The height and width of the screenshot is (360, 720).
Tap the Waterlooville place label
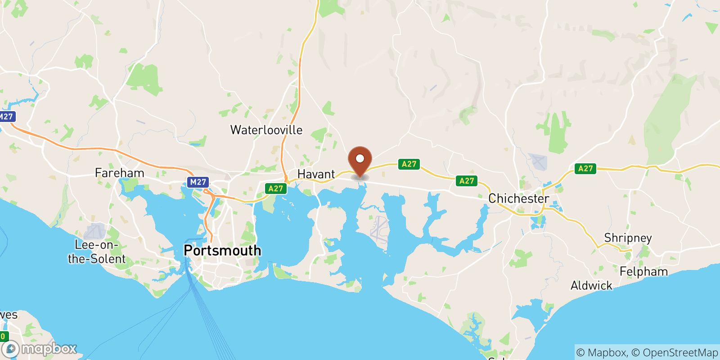click(x=266, y=130)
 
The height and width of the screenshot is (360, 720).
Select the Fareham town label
click(x=120, y=173)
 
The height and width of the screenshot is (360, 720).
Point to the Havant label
click(x=316, y=174)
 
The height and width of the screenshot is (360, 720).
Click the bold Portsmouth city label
click(x=222, y=250)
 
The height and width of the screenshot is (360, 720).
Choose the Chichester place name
click(x=519, y=198)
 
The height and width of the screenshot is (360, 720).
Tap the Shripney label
click(x=628, y=238)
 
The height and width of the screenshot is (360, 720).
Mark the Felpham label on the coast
click(x=643, y=271)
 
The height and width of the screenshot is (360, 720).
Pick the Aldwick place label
click(x=591, y=285)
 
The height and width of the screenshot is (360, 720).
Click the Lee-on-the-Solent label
click(x=97, y=252)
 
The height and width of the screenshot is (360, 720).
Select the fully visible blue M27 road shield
click(x=198, y=182)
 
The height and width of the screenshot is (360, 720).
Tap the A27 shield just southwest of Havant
click(x=275, y=189)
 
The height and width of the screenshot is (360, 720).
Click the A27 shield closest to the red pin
click(x=409, y=164)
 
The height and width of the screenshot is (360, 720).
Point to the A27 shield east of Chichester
click(x=585, y=169)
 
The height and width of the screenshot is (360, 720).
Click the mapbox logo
click(x=40, y=349)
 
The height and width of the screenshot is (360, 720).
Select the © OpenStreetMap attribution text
click(x=675, y=352)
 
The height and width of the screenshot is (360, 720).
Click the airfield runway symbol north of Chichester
click(x=538, y=162)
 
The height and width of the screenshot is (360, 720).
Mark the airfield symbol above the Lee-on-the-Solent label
click(x=95, y=231)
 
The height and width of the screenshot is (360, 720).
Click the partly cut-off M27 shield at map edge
click(x=7, y=117)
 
